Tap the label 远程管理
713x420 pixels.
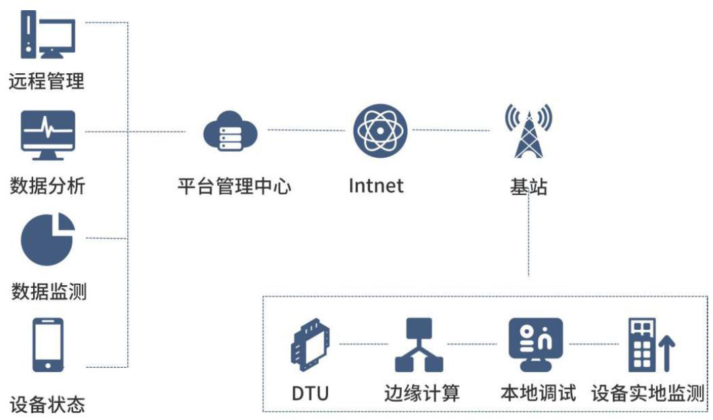coord(46,81)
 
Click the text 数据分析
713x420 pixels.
coord(47,185)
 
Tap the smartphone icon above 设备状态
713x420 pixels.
coord(48,345)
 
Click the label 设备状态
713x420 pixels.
coord(47,404)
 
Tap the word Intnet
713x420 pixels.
coord(376,185)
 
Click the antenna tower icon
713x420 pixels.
coord(528,130)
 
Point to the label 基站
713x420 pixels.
coord(528,186)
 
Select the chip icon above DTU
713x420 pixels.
coord(310,345)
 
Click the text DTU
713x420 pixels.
coord(310,393)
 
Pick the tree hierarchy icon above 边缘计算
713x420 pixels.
coord(419,345)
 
